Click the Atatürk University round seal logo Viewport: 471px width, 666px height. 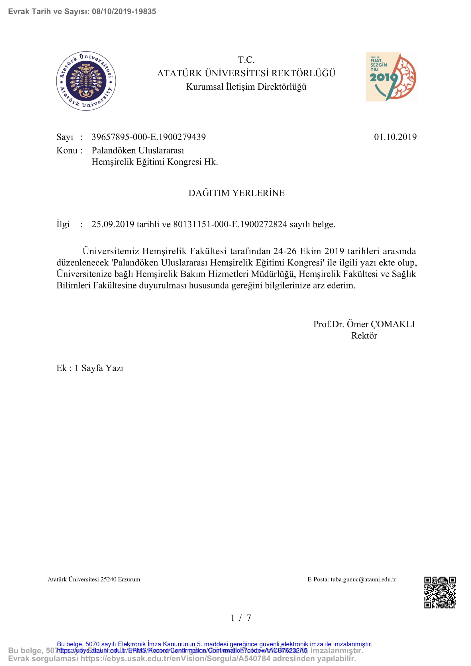point(86,81)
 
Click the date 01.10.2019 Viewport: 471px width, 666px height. point(395,137)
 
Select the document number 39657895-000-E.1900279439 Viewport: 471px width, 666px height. point(148,137)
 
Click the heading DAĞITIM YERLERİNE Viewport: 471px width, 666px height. point(236,193)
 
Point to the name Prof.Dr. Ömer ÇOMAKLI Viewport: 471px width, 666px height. point(364,324)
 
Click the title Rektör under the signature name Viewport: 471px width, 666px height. point(364,336)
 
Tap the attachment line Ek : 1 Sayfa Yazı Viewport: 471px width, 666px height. point(90,368)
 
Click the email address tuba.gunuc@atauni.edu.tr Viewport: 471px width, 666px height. point(363,579)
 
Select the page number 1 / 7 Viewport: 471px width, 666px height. point(240,618)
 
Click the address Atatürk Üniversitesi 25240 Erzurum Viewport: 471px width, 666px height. point(94,579)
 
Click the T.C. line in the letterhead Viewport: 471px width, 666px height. point(246,60)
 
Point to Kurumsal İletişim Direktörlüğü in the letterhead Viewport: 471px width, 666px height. point(246,87)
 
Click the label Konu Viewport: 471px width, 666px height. point(67,151)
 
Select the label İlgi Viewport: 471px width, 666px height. point(63,224)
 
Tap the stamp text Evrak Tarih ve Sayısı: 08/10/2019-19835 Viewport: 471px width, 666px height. point(82,12)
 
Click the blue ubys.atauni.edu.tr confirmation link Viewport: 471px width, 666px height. point(182,650)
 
